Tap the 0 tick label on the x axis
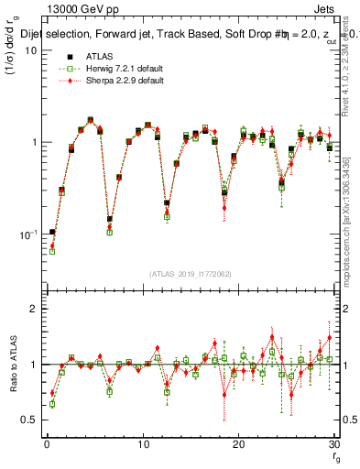[x=47, y=444]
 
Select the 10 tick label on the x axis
[x=142, y=444]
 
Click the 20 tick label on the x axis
[x=238, y=444]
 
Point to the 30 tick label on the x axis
[x=333, y=444]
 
